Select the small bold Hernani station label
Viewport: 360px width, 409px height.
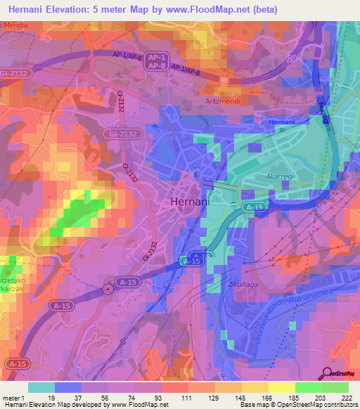(283, 122)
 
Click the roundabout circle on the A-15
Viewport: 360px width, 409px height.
(108, 289)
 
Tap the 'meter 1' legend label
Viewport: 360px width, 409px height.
(14, 397)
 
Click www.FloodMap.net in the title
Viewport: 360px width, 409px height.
(215, 10)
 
